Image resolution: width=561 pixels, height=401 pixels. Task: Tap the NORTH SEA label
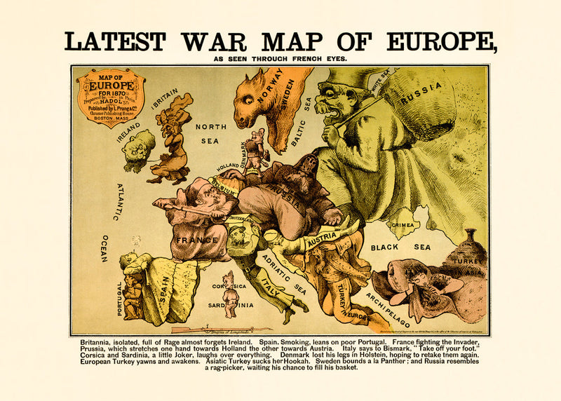point(210,132)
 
